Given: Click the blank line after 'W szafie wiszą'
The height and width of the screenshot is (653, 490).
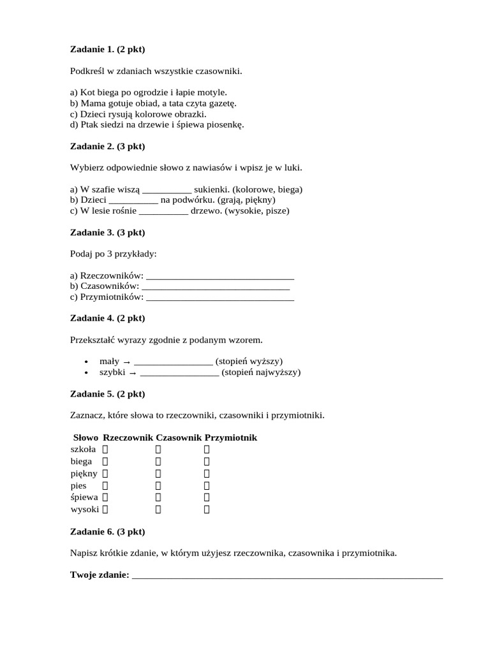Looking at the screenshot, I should point(166,189).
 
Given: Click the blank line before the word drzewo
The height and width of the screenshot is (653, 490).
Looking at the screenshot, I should point(163,210).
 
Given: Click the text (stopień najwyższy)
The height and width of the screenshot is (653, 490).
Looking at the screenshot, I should point(261,372).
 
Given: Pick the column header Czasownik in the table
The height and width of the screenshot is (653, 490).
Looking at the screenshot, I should point(179,437).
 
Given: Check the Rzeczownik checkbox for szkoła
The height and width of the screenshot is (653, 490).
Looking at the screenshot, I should point(105,450).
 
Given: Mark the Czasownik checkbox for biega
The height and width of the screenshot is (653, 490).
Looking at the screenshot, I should point(158,461).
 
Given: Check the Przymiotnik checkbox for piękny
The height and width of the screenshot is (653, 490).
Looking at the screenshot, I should point(207,473).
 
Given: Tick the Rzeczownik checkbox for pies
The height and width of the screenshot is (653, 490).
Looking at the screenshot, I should point(105,485).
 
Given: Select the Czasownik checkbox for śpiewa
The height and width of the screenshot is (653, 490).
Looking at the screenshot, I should point(158,497).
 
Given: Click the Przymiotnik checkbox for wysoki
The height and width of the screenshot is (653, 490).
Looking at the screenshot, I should point(207,510).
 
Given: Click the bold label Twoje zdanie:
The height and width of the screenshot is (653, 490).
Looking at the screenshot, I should point(100,575).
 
